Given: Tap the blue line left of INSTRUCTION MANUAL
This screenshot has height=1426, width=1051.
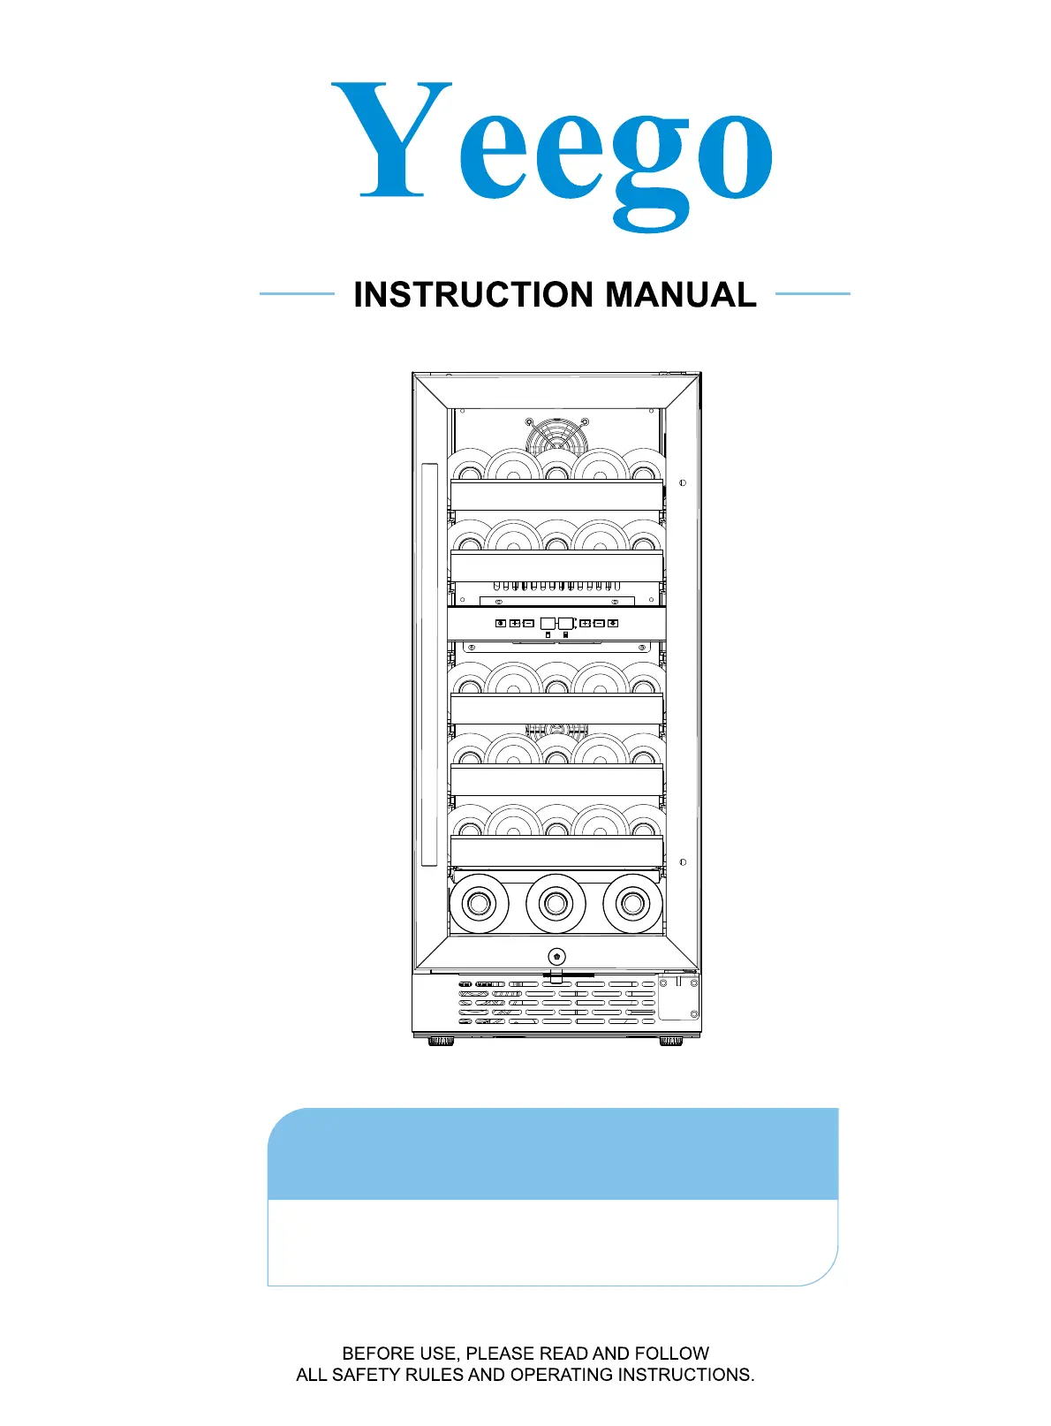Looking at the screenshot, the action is (297, 294).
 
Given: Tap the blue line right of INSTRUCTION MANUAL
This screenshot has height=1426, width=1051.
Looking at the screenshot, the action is (813, 294).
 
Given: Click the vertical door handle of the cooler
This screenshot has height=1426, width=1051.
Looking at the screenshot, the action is (429, 664).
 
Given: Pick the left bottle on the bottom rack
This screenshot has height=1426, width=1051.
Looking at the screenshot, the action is (479, 903).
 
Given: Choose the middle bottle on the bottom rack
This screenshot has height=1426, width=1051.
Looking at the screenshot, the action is (556, 903).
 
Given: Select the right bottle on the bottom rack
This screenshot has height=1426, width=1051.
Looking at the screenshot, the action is (632, 903).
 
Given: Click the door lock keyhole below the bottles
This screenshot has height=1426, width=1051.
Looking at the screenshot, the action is (556, 957).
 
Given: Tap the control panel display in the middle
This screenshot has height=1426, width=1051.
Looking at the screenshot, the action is (556, 624).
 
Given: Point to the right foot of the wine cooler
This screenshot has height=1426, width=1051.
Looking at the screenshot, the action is (671, 1042).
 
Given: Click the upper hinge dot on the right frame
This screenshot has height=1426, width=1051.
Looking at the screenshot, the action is (683, 483).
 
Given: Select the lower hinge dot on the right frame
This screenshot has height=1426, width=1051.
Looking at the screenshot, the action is (683, 862).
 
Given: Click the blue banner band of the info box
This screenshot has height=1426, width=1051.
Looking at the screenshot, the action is (553, 1154).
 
